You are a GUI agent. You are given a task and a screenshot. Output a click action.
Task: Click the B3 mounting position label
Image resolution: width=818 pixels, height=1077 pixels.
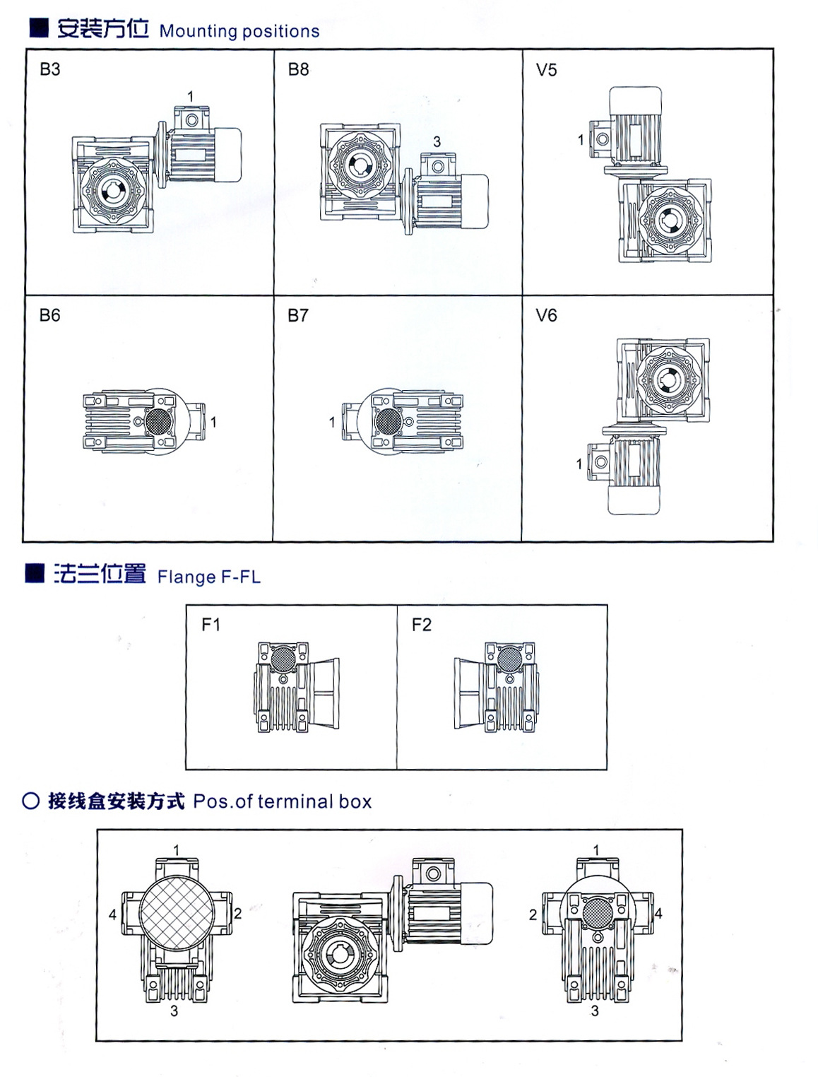pos(50,69)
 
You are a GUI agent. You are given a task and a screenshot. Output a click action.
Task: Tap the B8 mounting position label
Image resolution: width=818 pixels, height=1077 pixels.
pos(298,69)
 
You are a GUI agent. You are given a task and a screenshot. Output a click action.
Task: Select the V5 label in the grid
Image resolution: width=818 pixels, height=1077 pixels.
pos(546,70)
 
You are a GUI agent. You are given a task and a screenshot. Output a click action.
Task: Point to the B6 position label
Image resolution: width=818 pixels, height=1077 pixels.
pos(49,315)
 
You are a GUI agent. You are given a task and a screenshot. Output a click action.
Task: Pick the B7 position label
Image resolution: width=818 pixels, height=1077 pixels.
pos(297,315)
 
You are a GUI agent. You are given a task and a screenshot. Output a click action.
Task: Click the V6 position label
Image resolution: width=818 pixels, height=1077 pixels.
pos(546,315)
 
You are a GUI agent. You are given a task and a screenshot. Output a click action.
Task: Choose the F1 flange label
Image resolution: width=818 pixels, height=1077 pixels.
pos(211,625)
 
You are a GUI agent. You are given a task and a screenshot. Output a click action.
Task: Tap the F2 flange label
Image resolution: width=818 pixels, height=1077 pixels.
pos(421,625)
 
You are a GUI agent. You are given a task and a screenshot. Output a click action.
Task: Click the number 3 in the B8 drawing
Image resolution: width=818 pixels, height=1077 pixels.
pos(437,142)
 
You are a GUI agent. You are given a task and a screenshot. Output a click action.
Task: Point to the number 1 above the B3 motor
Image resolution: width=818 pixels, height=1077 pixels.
pos(190,97)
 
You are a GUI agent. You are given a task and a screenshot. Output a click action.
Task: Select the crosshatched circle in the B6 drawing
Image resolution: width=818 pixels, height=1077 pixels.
pos(158,421)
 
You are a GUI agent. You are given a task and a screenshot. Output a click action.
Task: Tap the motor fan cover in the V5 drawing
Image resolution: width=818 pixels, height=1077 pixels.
pos(634,99)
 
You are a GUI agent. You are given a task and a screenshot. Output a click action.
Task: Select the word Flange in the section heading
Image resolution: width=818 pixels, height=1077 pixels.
pos(186,577)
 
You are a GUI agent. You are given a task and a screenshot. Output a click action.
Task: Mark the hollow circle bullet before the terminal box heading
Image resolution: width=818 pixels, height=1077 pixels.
pos(30,801)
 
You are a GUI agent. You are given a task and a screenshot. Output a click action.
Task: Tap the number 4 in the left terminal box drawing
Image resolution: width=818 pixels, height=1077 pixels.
pos(112,914)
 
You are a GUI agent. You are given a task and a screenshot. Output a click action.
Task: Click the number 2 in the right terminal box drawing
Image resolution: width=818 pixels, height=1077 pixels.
pos(533,914)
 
